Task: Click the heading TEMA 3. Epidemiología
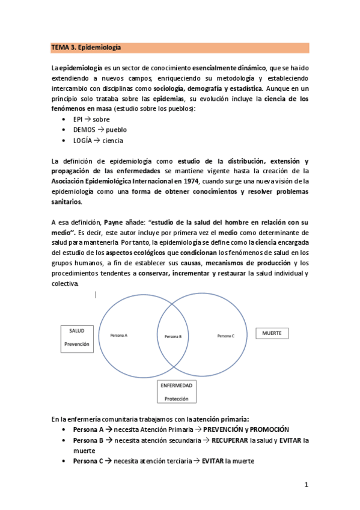pyautogui.click(x=86, y=47)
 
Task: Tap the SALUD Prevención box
pyautogui.click(x=76, y=338)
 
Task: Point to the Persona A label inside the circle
pyautogui.click(x=119, y=335)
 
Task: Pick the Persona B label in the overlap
pyautogui.click(x=172, y=336)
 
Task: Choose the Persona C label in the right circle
pyautogui.click(x=226, y=336)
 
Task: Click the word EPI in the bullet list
pyautogui.click(x=79, y=120)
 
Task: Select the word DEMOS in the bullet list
pyautogui.click(x=84, y=130)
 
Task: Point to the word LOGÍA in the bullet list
pyautogui.click(x=83, y=141)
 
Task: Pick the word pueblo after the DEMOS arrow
pyautogui.click(x=117, y=130)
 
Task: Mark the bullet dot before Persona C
pyautogui.click(x=64, y=461)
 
